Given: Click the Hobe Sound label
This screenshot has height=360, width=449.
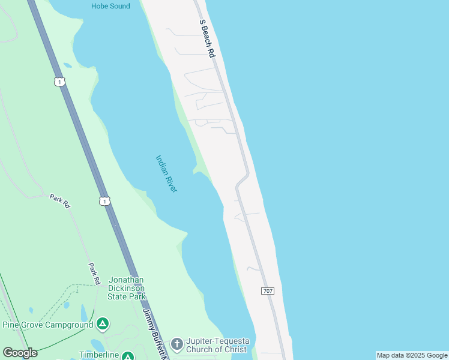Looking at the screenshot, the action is (110, 6).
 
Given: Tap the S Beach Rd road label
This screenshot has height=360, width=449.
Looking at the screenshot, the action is (207, 38).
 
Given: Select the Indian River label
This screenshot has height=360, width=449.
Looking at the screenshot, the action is (166, 174).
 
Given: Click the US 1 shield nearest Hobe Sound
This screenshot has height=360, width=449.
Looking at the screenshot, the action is (58, 82).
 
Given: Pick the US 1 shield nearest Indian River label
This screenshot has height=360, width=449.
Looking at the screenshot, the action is (105, 202).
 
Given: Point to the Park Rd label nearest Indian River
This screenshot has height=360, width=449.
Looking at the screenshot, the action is (60, 200).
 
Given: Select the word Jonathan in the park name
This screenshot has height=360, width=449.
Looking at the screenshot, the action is (126, 280).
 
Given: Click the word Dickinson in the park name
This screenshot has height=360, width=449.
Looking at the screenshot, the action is (126, 288).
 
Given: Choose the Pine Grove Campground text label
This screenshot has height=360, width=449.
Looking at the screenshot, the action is (48, 325).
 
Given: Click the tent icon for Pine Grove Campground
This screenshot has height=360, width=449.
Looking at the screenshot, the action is (103, 325).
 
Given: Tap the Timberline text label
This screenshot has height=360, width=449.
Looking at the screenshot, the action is (99, 355).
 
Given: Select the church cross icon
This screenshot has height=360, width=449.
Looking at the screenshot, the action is (176, 344).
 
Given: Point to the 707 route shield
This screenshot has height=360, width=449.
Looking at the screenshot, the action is (268, 291).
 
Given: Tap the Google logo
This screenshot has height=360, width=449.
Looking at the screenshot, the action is (20, 353).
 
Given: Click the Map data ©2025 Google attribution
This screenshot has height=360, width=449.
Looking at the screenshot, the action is (412, 355).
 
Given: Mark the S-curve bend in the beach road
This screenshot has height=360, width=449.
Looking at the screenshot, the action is (242, 179).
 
